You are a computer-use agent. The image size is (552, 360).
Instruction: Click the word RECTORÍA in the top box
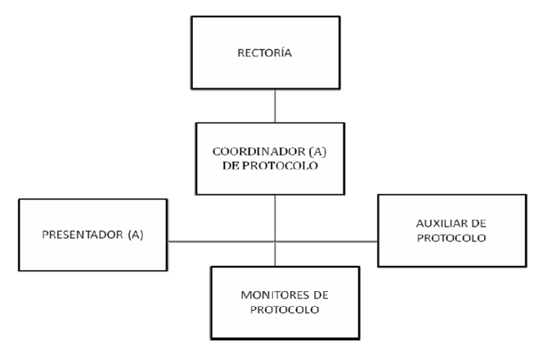[x=265, y=52]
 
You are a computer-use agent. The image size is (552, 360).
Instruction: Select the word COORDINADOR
[x=259, y=151]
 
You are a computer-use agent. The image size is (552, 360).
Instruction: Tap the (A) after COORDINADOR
[x=317, y=151]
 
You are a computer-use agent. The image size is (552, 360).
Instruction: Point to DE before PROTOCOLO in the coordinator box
[x=231, y=165]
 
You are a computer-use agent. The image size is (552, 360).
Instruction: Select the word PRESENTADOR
[x=83, y=235]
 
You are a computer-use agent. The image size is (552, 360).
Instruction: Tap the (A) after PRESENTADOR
[x=136, y=235]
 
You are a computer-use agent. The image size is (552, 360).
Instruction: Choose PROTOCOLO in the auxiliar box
[x=451, y=238]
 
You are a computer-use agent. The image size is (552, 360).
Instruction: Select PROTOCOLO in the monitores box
[x=285, y=309]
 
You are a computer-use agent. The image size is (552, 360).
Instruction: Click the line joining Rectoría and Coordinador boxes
[x=275, y=106]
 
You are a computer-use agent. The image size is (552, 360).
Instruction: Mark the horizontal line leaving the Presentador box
[x=221, y=241]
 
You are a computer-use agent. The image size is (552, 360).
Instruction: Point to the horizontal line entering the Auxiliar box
[x=326, y=241]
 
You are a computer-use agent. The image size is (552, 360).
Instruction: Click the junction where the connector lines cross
[x=275, y=241]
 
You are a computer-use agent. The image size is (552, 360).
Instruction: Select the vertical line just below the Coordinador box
[x=275, y=218]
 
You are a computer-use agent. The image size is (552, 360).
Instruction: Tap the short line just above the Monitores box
[x=275, y=254]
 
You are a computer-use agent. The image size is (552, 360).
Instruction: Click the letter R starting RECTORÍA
[x=240, y=53]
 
